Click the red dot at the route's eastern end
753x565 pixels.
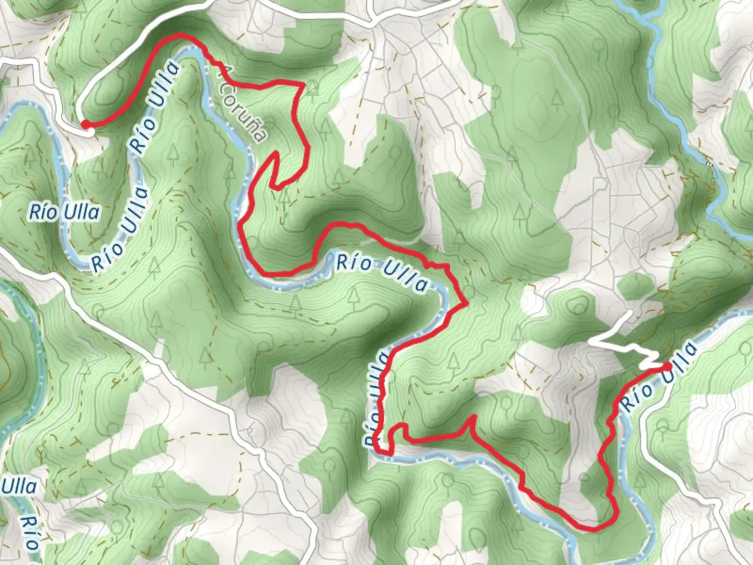[668, 366]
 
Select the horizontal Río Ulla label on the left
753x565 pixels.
[64, 212]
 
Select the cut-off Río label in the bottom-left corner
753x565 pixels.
[30, 534]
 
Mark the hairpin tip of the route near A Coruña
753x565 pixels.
[273, 153]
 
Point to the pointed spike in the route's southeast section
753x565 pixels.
[473, 417]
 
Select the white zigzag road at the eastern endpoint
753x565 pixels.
[627, 343]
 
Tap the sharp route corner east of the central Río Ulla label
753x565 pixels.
[465, 303]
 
